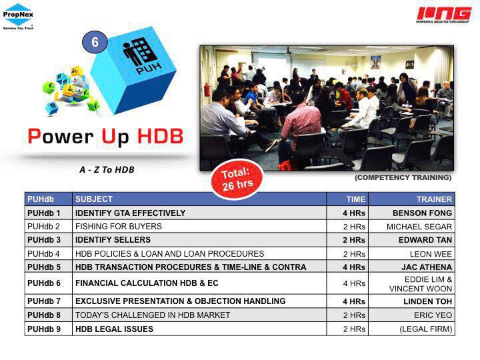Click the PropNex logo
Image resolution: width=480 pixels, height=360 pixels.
coord(18,17)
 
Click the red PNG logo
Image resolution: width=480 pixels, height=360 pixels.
coord(443,15)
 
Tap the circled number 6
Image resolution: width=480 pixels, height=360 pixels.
coord(95,42)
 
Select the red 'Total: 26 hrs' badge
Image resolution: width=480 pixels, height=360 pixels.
coord(237,179)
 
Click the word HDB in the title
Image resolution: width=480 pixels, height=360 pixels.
coord(160,136)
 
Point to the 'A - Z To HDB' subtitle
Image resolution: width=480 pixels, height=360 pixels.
coord(107,169)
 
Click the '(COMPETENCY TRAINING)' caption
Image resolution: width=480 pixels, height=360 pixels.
coord(403,177)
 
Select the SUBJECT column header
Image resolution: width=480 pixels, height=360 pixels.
coord(94,199)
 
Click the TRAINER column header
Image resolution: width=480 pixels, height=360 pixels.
coord(434,199)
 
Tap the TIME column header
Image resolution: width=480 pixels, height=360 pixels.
coord(356,199)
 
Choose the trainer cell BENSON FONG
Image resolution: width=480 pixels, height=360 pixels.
coord(422,213)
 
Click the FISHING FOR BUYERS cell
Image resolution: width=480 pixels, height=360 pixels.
coord(119,227)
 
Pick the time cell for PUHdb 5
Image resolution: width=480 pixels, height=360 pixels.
coord(354,267)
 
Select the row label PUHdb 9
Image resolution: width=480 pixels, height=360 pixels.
coord(44,329)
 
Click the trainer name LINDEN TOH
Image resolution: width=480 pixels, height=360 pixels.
coord(427,301)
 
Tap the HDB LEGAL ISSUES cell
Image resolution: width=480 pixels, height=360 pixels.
coord(114,329)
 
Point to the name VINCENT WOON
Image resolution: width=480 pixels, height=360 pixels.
coord(421,289)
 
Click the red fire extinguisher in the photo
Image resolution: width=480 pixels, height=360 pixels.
coord(207,90)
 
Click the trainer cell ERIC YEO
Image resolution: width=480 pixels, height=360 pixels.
coord(433,315)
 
